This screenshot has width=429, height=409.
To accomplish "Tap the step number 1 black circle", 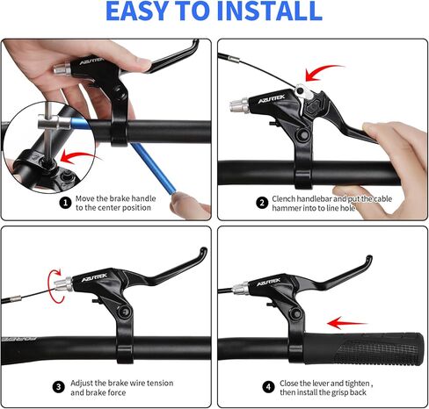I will point(65,202).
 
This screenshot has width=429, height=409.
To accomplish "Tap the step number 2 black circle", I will point(261,202).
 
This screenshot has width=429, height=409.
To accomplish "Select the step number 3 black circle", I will point(59,386).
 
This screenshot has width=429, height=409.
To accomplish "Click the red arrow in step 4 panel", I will point(346,322).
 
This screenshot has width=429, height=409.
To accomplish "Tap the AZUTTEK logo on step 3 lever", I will point(98,279).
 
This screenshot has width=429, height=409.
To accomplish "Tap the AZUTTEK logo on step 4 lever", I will point(268,283).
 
